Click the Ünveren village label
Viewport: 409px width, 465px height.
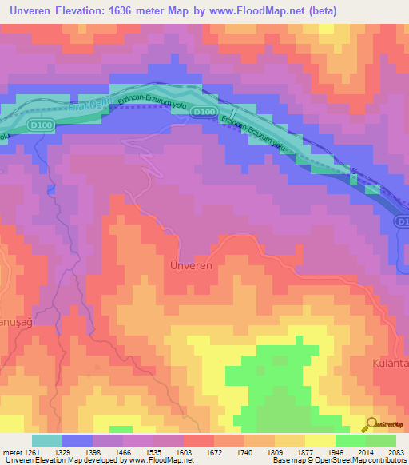point(192,265)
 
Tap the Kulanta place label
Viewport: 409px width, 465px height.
point(391,363)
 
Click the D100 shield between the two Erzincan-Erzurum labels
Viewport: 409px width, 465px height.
point(205,111)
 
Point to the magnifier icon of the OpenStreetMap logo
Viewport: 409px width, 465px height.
point(371,424)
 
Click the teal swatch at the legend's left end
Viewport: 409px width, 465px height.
point(47,440)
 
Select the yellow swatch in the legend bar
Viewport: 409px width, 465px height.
point(320,440)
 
